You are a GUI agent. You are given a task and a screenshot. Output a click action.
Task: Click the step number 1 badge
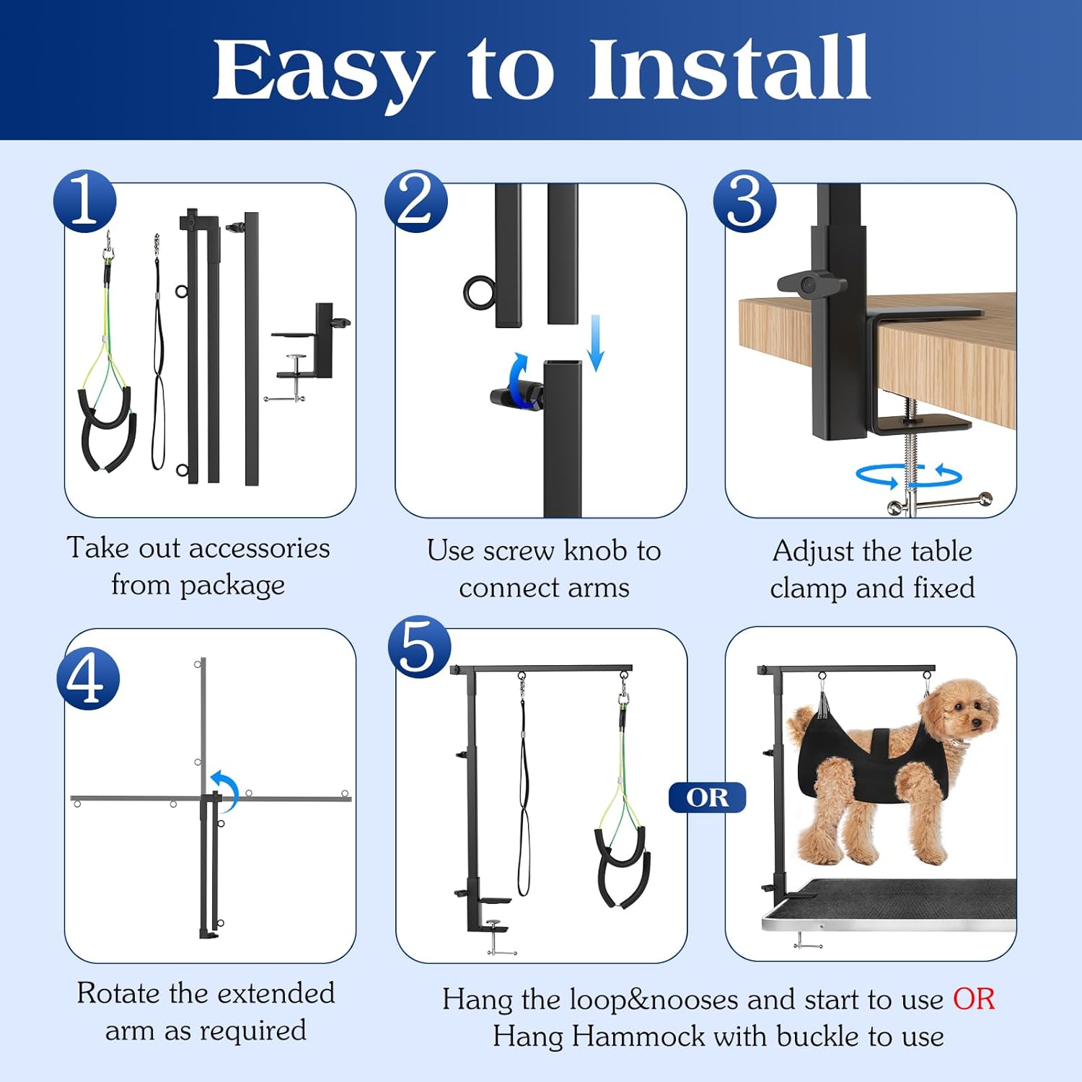85,201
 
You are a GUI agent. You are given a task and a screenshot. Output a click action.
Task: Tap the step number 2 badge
415,201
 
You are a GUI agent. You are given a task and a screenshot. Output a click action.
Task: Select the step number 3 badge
744,201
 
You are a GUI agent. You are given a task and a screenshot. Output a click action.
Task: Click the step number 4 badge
88,679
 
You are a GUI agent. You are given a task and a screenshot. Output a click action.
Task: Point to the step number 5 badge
419,647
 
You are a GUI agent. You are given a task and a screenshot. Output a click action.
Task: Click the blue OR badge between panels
707,797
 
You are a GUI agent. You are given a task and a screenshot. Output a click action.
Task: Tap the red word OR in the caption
973,999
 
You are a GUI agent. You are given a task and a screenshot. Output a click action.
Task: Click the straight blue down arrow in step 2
595,343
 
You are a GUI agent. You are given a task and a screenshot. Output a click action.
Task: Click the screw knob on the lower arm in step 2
514,395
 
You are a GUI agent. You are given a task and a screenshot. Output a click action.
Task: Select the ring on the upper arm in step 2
479,292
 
